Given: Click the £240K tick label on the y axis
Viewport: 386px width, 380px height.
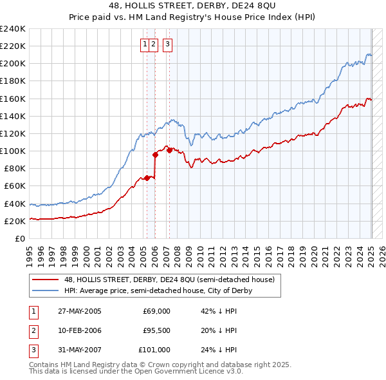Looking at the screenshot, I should [12, 29].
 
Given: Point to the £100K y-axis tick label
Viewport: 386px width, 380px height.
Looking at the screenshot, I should [12, 151].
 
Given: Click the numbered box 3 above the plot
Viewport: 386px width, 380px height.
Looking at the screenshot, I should [167, 44].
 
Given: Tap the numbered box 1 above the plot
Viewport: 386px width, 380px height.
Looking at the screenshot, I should [145, 44].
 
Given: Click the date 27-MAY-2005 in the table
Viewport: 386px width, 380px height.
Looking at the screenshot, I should [80, 311].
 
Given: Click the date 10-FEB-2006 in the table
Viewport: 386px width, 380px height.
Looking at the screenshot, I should [80, 330].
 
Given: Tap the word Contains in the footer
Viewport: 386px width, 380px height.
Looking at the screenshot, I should [44, 365].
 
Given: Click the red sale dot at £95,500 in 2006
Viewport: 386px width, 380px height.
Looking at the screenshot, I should [155, 155].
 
